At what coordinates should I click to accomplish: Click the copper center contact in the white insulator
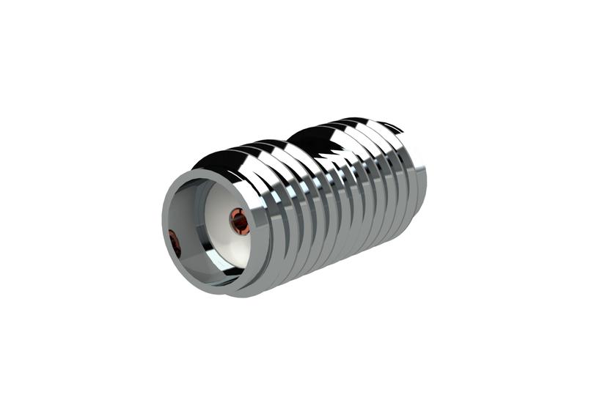(x=239, y=220)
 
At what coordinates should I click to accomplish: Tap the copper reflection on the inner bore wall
(x=175, y=243)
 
